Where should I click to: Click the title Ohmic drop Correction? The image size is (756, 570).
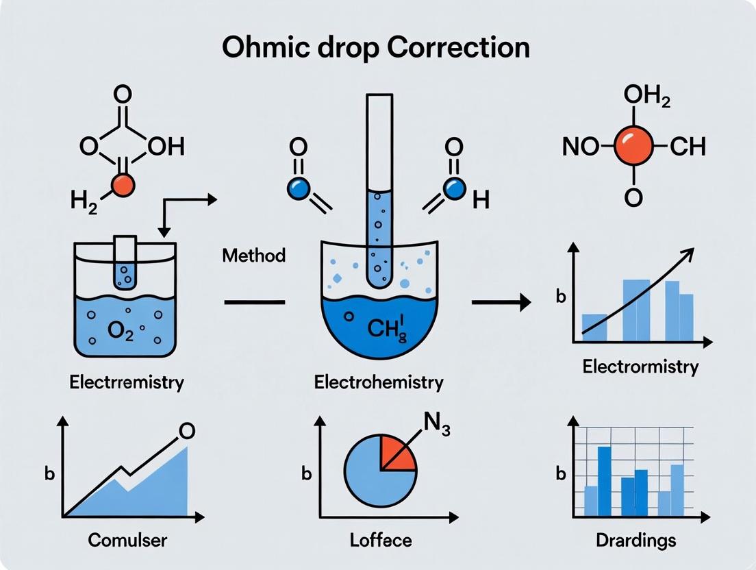(378, 49)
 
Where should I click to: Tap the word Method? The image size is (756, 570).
(253, 256)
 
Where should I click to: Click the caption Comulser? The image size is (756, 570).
(128, 540)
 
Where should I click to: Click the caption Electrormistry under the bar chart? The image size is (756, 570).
(640, 366)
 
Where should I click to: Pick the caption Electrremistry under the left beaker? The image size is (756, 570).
(127, 381)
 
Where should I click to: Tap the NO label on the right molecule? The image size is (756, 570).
(580, 147)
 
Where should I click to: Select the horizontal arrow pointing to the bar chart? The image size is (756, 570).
(501, 301)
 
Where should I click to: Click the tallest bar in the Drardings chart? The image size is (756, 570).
(604, 480)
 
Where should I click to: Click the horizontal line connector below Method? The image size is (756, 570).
(255, 301)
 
